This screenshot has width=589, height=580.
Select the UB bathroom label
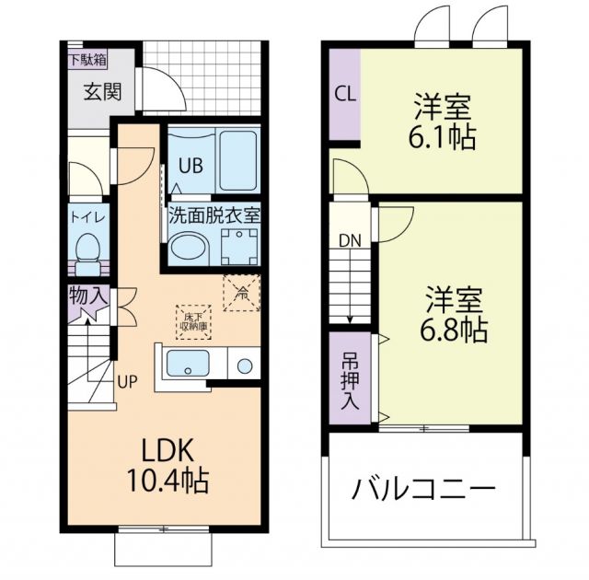pyautogui.click(x=191, y=167)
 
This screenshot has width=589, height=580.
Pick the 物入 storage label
pyautogui.click(x=88, y=297)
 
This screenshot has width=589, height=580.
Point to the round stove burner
pyautogui.click(x=245, y=365)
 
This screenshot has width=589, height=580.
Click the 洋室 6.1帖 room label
pyautogui.click(x=442, y=122)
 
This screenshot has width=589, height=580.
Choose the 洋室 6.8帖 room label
pyautogui.click(x=455, y=315)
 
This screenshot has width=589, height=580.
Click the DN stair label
pyautogui.click(x=350, y=241)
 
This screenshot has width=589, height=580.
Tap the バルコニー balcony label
pyautogui.click(x=422, y=488)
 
